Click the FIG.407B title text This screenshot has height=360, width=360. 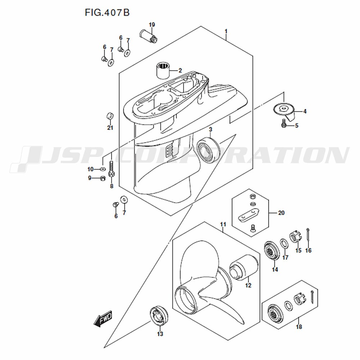click(107, 12)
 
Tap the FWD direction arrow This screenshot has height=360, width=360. click(103, 318)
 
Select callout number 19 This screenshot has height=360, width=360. click(152, 25)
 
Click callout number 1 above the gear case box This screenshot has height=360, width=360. click(226, 31)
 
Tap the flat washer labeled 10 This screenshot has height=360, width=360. click(103, 170)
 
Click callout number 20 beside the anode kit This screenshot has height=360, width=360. click(281, 213)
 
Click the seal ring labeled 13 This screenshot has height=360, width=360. click(159, 316)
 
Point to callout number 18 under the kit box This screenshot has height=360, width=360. click(299, 327)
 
